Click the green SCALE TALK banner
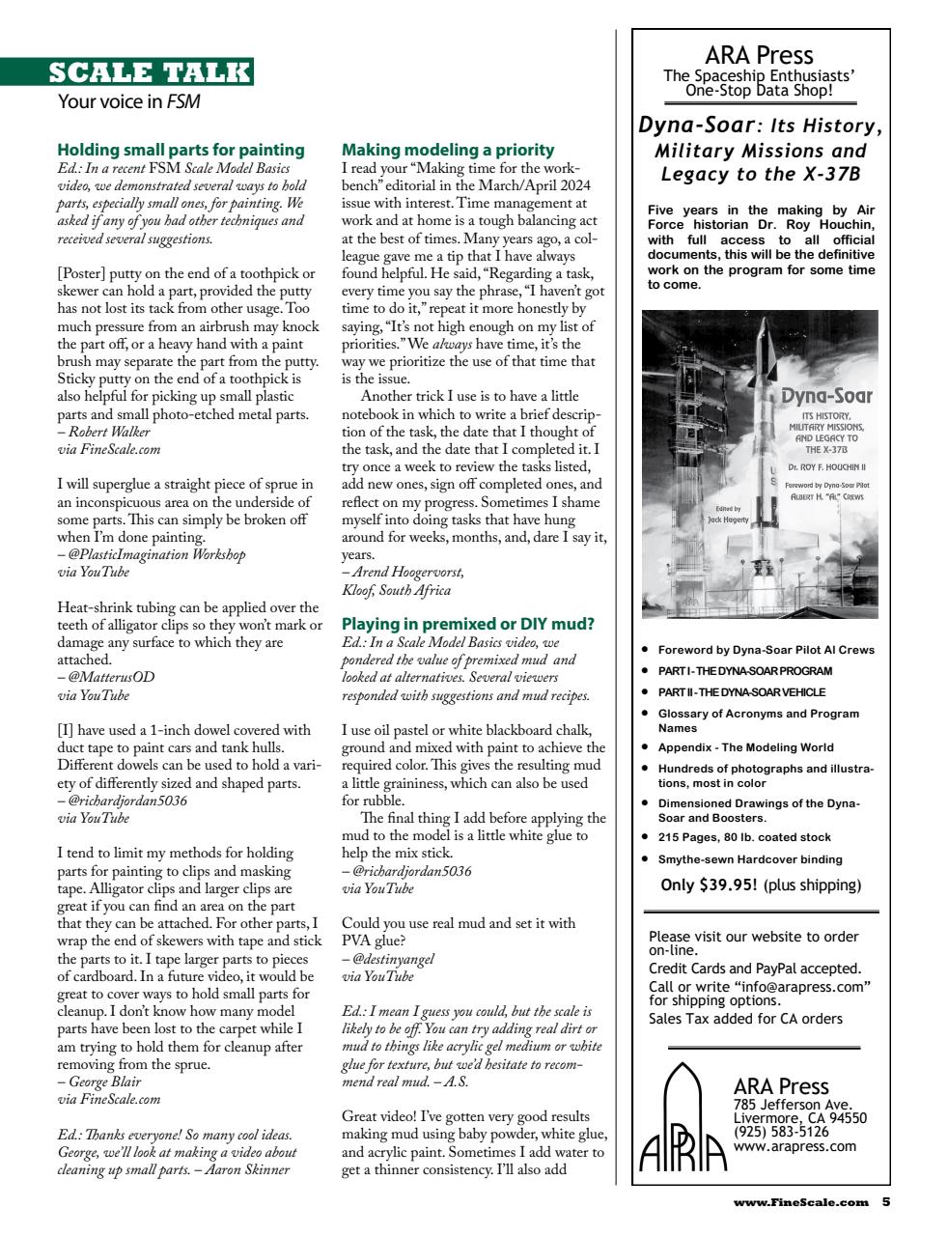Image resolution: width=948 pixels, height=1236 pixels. pos(152,72)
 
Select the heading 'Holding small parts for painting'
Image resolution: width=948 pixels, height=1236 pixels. pos(181,150)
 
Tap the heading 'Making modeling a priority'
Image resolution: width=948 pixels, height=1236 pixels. pos(448,150)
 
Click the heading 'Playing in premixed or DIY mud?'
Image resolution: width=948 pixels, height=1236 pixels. pos(468,624)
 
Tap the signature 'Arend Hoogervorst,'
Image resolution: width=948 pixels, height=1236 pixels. pos(407,572)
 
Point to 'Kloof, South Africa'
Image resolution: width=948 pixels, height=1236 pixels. pos(396,590)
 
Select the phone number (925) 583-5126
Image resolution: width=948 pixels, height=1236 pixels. pos(780,1132)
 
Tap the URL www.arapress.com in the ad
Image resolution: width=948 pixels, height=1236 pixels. pos(794,1146)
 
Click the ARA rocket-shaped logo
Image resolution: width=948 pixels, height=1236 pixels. pos(682,1118)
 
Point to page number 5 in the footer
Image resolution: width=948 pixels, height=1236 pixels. pos(885,1202)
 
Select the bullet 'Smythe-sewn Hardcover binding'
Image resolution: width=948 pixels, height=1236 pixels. pos(750,858)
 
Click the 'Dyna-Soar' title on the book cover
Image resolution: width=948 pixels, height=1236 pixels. pos(825,396)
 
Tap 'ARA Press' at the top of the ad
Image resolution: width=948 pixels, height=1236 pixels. pos(759,54)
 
